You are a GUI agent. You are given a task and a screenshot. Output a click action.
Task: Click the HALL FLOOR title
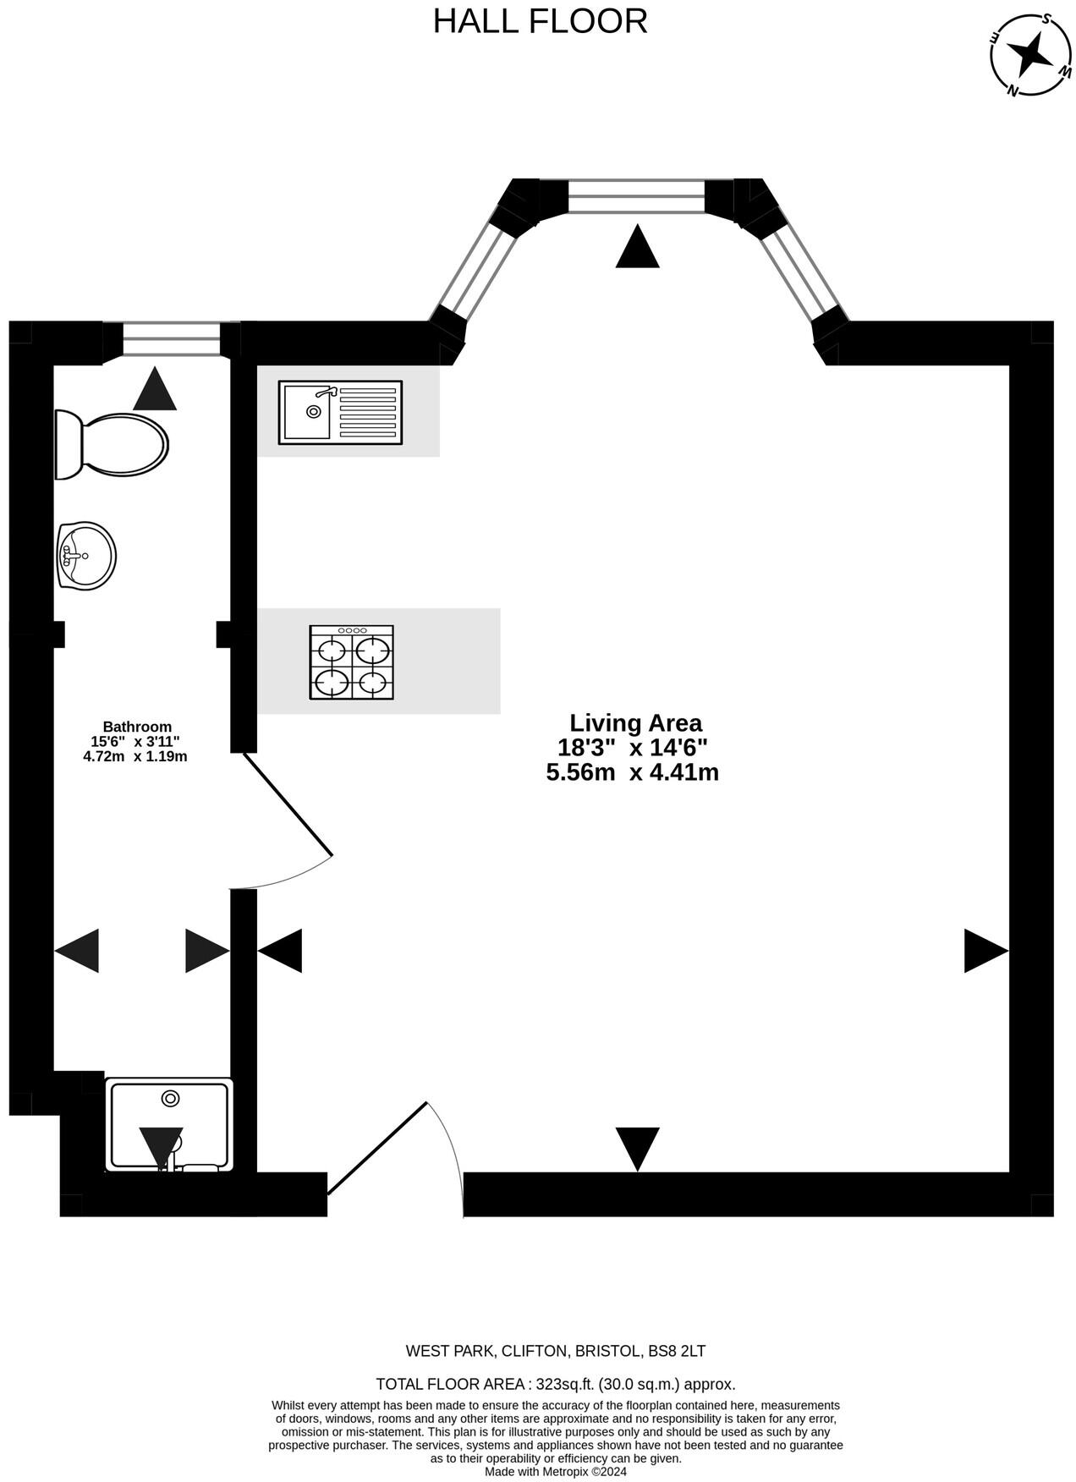pyautogui.click(x=540, y=21)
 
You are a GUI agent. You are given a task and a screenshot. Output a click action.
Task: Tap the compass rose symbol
pyautogui.click(x=1030, y=55)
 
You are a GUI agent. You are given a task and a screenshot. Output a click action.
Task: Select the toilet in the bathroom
pyautogui.click(x=112, y=444)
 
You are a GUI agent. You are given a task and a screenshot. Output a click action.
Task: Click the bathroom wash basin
pyautogui.click(x=86, y=555)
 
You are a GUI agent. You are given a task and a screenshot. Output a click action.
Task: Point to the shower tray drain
pyautogui.click(x=170, y=1098)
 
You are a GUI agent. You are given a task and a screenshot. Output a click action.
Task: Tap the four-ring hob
pyautogui.click(x=351, y=662)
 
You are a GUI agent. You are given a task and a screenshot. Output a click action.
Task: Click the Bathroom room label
pyautogui.click(x=137, y=727)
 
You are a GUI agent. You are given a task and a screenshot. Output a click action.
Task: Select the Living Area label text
pyautogui.click(x=635, y=723)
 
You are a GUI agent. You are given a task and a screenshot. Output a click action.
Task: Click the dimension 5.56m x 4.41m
pyautogui.click(x=633, y=772)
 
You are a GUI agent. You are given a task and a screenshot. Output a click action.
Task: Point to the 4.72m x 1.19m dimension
pyautogui.click(x=135, y=756)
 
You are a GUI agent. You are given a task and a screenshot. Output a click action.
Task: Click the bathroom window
pyautogui.click(x=171, y=340)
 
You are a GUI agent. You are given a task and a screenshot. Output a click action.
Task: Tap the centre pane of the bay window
pyautogui.click(x=636, y=195)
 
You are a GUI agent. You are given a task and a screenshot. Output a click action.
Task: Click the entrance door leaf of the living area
pyautogui.click(x=377, y=1148)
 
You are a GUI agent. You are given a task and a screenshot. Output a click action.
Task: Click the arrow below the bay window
pyautogui.click(x=637, y=248)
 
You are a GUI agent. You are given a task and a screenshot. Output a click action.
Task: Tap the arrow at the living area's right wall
pyautogui.click(x=985, y=951)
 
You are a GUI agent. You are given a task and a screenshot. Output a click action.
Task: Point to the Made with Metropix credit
pyautogui.click(x=555, y=1471)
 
